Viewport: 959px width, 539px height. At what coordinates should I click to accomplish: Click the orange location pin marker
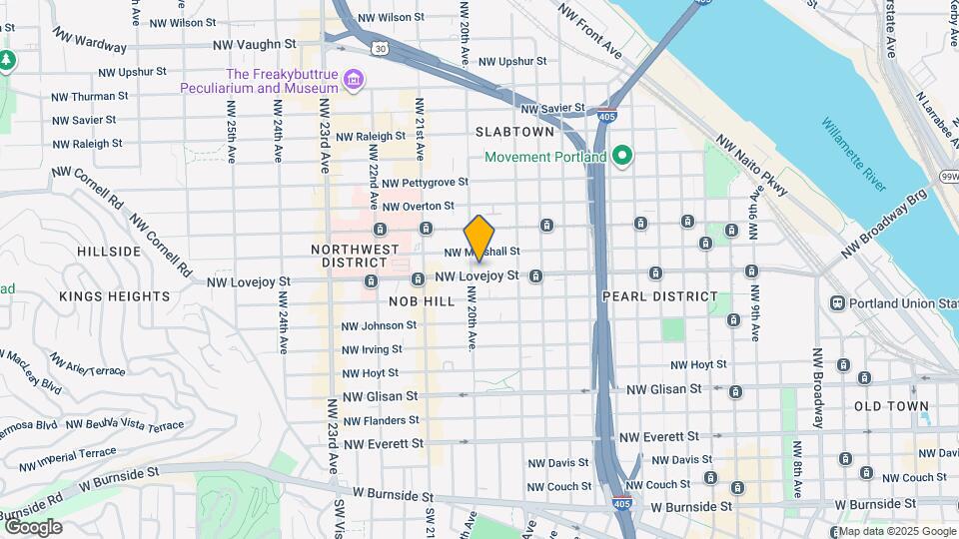coord(479,239)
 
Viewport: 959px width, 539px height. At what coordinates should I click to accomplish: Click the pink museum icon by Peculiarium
coord(352,79)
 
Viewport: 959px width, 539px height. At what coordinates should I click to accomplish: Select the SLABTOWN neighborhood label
coord(514,132)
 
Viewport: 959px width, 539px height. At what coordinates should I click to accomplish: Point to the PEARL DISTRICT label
coord(660,296)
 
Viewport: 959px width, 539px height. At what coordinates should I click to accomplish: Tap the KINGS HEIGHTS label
coord(114,296)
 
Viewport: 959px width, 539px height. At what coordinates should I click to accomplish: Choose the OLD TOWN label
coord(892,407)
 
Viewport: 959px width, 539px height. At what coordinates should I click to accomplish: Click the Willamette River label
coord(854,155)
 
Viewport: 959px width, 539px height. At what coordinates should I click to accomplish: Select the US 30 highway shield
coord(379,47)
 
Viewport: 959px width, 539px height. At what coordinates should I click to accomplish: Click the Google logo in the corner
coord(33,527)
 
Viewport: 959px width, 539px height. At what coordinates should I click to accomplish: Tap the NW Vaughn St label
coord(255,45)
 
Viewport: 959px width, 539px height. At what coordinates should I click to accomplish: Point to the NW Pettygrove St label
coord(425,183)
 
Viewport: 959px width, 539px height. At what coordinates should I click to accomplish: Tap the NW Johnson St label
coord(372,325)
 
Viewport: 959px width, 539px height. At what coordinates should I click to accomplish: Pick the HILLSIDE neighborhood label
coord(109,252)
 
